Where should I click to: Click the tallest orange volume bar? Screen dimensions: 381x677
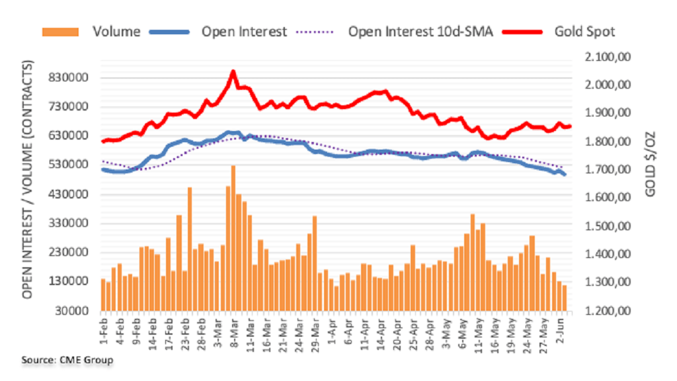[233, 238]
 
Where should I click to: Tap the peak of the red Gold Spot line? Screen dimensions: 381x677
[233, 71]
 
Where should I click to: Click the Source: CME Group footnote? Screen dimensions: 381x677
[67, 360]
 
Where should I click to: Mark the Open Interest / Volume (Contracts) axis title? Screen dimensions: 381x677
[28, 179]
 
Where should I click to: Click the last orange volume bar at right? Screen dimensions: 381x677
[564, 298]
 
